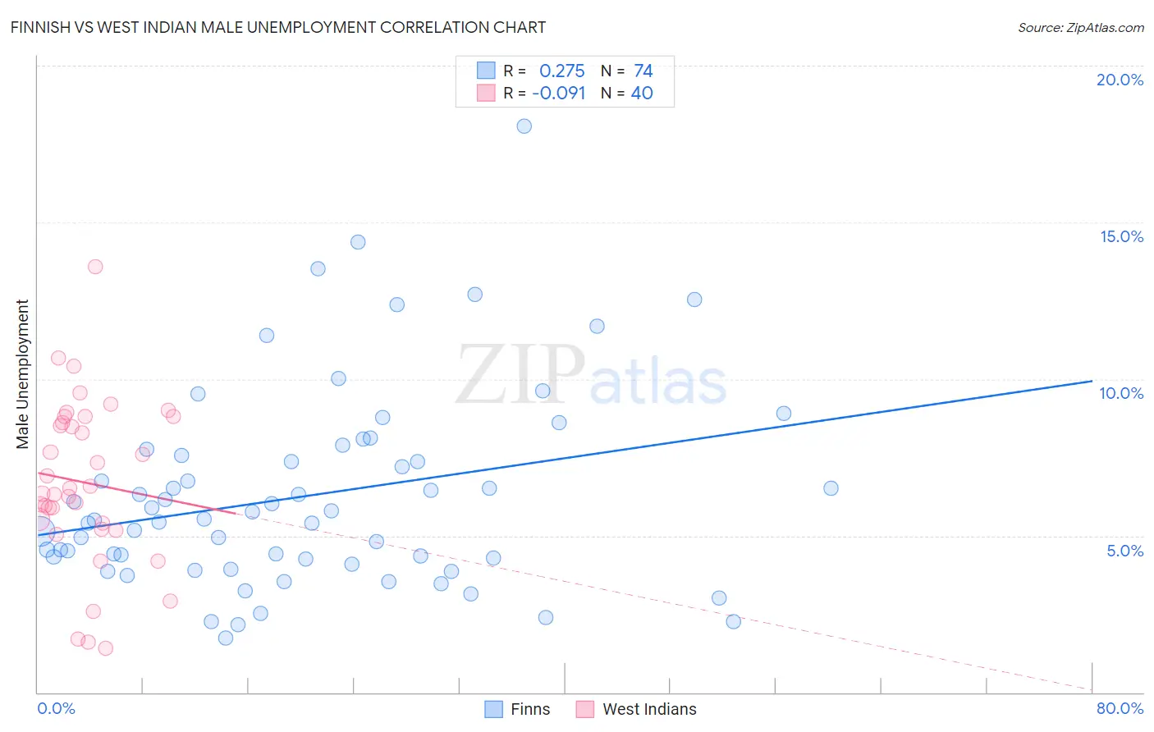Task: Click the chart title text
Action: pos(278,27)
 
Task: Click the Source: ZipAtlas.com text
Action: pos(1080,27)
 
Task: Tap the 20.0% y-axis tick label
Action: pos(1120,80)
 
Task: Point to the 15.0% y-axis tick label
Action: pos(1121,236)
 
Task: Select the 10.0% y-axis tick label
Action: pos(1121,393)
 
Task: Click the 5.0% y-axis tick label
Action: pos(1124,551)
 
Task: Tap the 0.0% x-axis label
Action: pos(56,708)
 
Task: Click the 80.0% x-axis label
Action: pos(1120,708)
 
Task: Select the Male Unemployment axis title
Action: pos(22,374)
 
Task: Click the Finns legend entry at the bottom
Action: pos(518,709)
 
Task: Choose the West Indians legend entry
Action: pos(637,709)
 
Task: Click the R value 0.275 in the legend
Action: pos(561,71)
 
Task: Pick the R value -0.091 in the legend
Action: pos(558,93)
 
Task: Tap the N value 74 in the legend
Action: pos(643,71)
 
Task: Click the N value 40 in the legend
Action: pos(642,93)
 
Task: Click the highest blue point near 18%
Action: pos(524,126)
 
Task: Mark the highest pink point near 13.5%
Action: pos(95,267)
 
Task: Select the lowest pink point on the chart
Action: pos(105,648)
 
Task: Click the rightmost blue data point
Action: pos(831,488)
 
